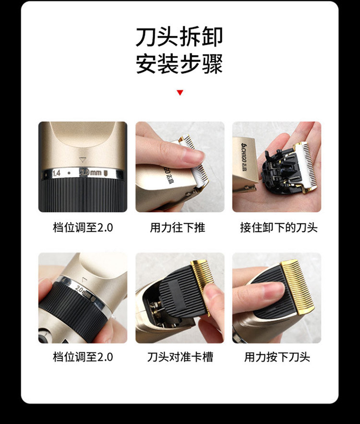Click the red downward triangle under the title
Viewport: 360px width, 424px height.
pyautogui.click(x=180, y=93)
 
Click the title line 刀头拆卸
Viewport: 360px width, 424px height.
pyautogui.click(x=179, y=37)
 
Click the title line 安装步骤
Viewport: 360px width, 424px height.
pyautogui.click(x=179, y=64)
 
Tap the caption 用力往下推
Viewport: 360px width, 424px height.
pyautogui.click(x=178, y=227)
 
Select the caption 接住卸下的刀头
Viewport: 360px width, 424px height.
pyautogui.click(x=278, y=227)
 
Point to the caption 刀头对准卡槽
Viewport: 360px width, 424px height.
pyautogui.click(x=180, y=357)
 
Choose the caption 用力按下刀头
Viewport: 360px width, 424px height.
pyautogui.click(x=277, y=357)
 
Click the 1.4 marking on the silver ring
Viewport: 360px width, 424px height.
pyautogui.click(x=56, y=173)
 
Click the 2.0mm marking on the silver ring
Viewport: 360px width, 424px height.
pyautogui.click(x=91, y=173)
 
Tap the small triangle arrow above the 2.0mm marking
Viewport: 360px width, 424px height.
pyautogui.click(x=83, y=160)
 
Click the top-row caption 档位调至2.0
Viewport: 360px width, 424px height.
pyautogui.click(x=83, y=227)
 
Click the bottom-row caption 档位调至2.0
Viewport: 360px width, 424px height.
pyautogui.click(x=83, y=357)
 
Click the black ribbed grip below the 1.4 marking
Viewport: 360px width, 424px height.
pyautogui.click(x=83, y=195)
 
